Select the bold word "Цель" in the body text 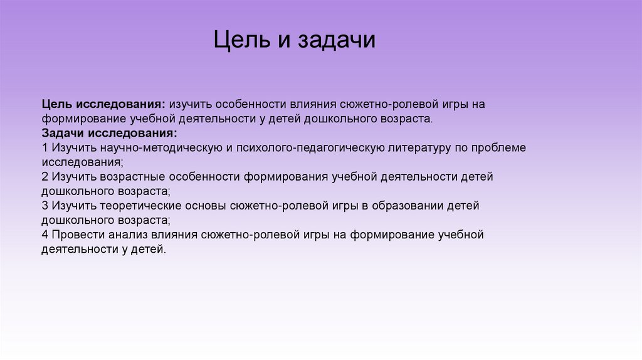[x=58, y=103]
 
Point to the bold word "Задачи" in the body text [x=64, y=133]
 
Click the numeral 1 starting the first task [x=45, y=148]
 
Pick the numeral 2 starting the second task [x=45, y=177]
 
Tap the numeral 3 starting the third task [x=45, y=206]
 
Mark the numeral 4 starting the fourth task [x=45, y=235]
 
